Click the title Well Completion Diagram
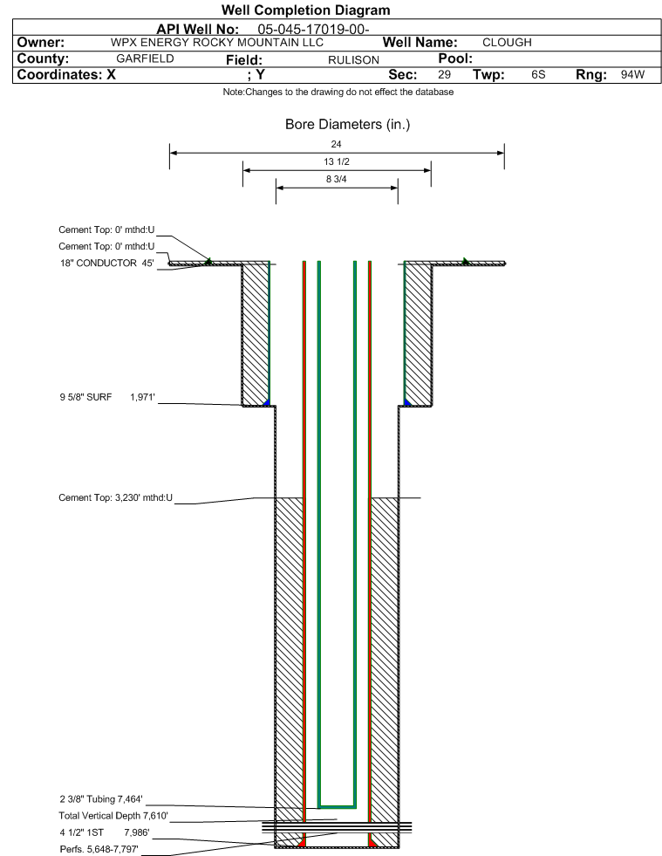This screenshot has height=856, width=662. pyautogui.click(x=305, y=10)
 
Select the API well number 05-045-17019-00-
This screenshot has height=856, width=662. pyautogui.click(x=313, y=30)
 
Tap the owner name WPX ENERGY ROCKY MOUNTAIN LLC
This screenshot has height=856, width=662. pyautogui.click(x=216, y=43)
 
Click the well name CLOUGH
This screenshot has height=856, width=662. pyautogui.click(x=507, y=43)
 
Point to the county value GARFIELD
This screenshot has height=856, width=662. pyautogui.click(x=145, y=58)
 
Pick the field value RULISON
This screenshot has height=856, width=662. pyautogui.click(x=353, y=60)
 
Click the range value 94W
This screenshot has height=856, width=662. pyautogui.click(x=632, y=74)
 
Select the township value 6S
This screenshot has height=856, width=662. pyautogui.click(x=538, y=74)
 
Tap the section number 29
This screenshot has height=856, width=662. pyautogui.click(x=444, y=74)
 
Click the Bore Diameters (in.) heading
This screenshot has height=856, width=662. pyautogui.click(x=348, y=125)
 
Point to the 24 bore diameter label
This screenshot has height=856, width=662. pyautogui.click(x=336, y=144)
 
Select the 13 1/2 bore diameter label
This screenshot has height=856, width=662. pyautogui.click(x=336, y=161)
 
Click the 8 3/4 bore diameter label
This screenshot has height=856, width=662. pyautogui.click(x=336, y=179)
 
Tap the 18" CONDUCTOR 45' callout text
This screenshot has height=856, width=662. pyautogui.click(x=107, y=264)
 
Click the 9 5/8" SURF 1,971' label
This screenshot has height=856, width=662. pyautogui.click(x=107, y=397)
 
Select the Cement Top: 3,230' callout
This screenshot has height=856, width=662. pyautogui.click(x=116, y=498)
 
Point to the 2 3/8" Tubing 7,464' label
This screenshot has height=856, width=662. pyautogui.click(x=101, y=799)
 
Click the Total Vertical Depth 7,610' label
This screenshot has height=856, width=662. pyautogui.click(x=113, y=816)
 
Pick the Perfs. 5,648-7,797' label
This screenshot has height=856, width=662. pyautogui.click(x=99, y=849)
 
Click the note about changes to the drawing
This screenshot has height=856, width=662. pyautogui.click(x=338, y=92)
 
